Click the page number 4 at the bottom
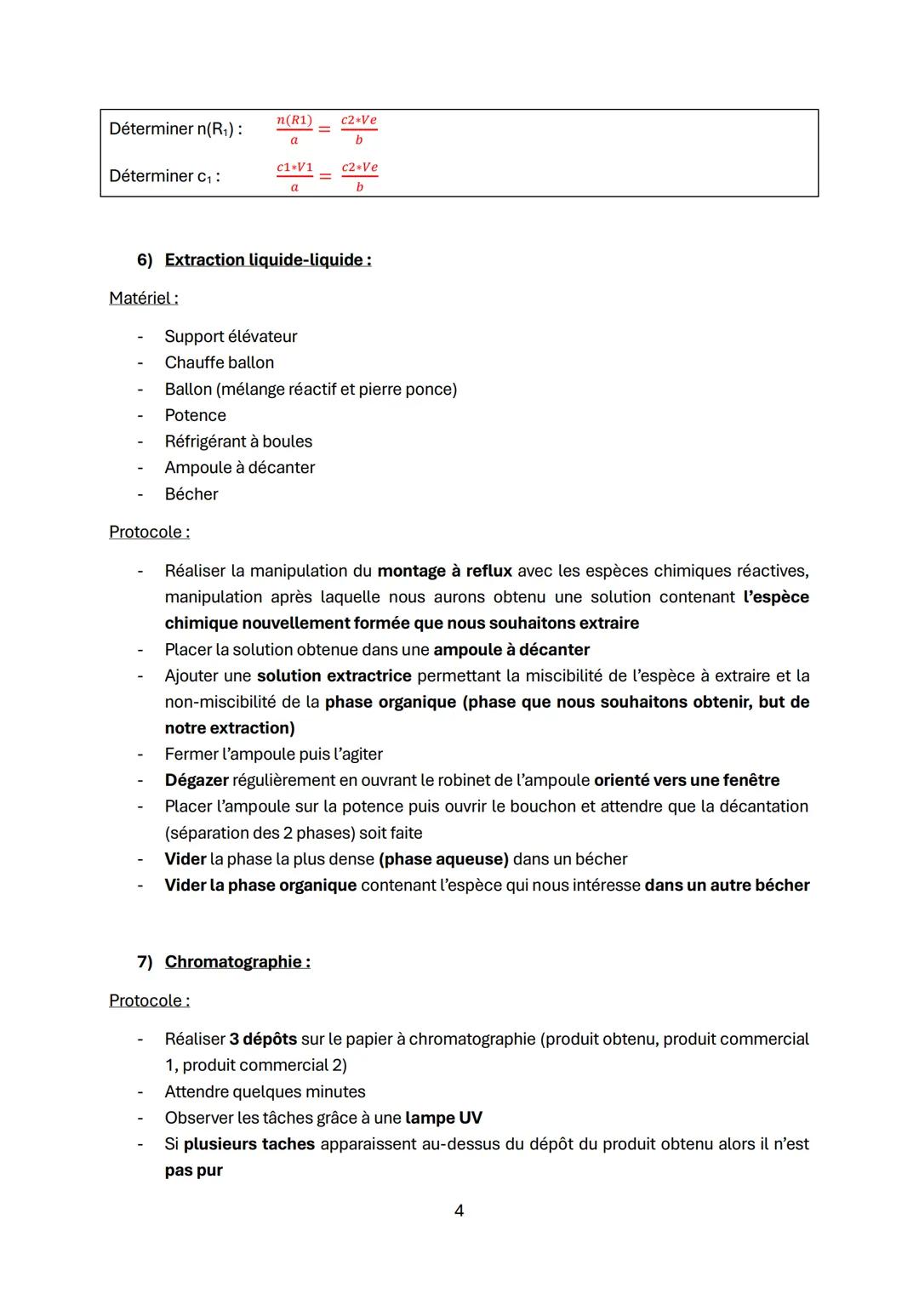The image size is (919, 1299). tap(459, 1210)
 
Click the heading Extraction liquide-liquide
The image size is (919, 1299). tap(267, 259)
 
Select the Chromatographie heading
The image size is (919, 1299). tap(237, 961)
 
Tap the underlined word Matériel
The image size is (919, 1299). tap(143, 298)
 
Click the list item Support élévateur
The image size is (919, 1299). tap(231, 336)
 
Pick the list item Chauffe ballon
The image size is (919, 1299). tap(219, 362)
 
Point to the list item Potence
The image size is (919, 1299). tap(195, 415)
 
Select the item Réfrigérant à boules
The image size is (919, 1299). tap(238, 442)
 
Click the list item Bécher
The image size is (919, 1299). tap(191, 494)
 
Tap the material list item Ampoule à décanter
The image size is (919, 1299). tap(239, 468)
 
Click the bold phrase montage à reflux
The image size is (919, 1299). tap(444, 571)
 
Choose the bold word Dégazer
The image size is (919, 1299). tap(197, 780)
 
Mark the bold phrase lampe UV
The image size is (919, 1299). tap(443, 1118)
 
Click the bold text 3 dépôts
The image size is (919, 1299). tap(263, 1039)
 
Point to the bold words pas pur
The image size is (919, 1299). tap(193, 1171)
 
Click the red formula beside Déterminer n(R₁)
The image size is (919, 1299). tap(327, 128)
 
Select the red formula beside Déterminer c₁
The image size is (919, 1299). tap(327, 176)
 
